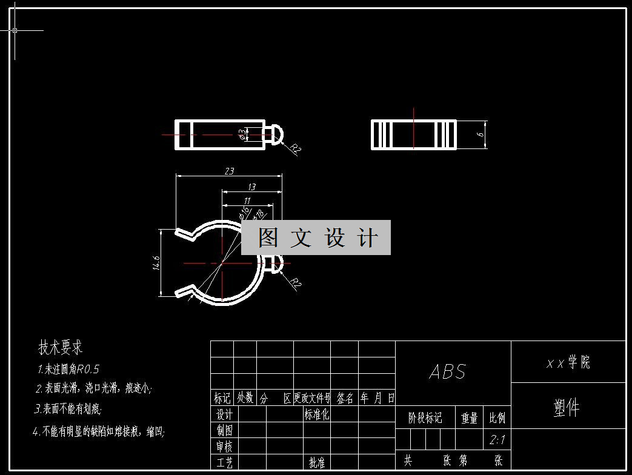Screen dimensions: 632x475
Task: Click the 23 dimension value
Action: click(x=229, y=171)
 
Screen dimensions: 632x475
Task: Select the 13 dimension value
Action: click(x=251, y=187)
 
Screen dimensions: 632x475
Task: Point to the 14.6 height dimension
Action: click(x=156, y=264)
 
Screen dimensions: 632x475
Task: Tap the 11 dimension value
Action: click(x=247, y=201)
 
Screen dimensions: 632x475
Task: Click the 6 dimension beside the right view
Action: click(x=480, y=135)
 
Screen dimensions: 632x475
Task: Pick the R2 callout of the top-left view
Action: click(x=296, y=149)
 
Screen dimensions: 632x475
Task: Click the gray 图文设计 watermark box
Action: click(x=316, y=237)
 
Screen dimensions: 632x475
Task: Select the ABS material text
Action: click(x=448, y=371)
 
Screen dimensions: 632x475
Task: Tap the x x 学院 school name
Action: click(x=568, y=363)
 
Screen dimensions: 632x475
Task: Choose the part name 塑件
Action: click(x=567, y=408)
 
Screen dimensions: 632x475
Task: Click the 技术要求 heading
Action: click(x=61, y=348)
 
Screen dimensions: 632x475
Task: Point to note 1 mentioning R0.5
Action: click(x=68, y=369)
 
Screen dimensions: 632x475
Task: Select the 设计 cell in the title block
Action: click(x=225, y=414)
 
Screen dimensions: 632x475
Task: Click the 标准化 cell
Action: click(x=316, y=414)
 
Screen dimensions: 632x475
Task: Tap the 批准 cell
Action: click(x=316, y=463)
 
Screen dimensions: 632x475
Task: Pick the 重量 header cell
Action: click(x=469, y=418)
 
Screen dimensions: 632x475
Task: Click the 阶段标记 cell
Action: click(x=425, y=418)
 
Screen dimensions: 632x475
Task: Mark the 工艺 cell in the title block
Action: click(x=225, y=463)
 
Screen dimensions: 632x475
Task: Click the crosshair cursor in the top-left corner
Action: click(x=15, y=30)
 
